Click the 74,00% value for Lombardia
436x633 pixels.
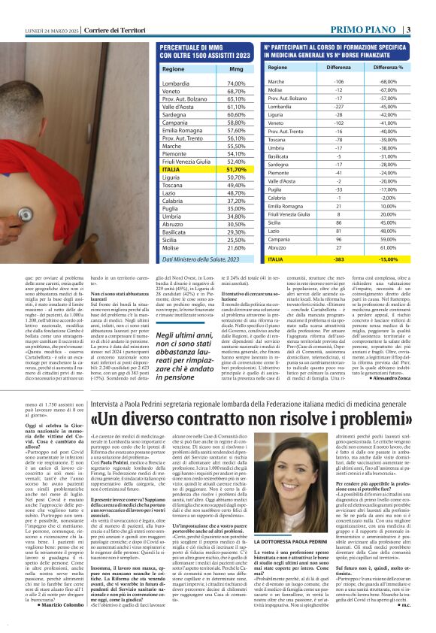pos(236,83)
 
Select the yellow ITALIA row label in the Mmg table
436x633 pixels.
pos(171,170)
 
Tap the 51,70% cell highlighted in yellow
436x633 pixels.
pos(236,170)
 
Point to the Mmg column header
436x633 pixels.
pos(235,68)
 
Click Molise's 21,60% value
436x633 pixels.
pos(236,247)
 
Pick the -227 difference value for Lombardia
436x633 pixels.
pos(338,107)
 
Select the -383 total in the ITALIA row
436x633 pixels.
pos(338,259)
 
